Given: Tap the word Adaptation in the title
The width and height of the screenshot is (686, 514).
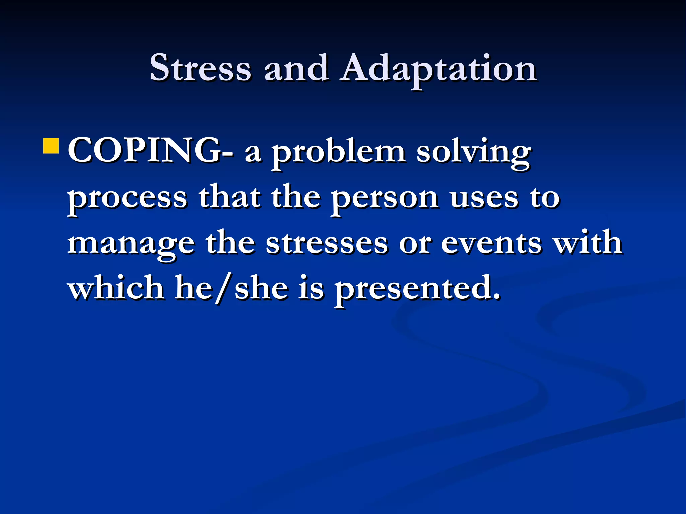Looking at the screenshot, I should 438,69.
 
